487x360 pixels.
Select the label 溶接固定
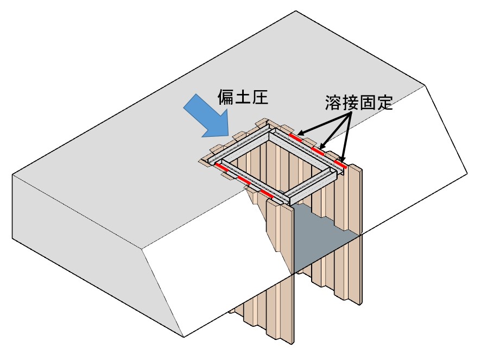pos(359,103)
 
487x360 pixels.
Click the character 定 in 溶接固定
pos(383,103)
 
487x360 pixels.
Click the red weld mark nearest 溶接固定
pos(296,135)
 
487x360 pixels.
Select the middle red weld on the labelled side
pos(320,149)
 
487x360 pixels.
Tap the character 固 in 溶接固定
pos(367,103)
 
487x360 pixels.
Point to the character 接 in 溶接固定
pos(351,103)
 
